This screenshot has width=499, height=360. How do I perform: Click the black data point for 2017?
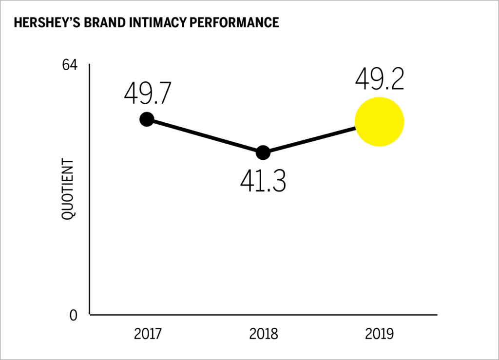point(147,119)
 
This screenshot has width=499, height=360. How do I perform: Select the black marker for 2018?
point(263,152)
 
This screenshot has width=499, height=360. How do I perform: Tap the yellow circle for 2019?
point(379,122)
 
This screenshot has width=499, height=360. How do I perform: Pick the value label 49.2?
point(380,79)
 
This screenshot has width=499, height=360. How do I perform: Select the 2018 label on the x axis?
point(263,334)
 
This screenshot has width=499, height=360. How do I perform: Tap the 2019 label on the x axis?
point(379,334)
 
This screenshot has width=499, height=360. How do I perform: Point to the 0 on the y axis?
point(73,316)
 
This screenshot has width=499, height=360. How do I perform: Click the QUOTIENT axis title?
point(68,189)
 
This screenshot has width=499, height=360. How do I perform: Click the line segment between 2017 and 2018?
point(205,136)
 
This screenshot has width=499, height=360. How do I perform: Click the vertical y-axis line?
point(90,195)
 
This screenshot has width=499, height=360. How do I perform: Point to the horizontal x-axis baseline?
point(263,315)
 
